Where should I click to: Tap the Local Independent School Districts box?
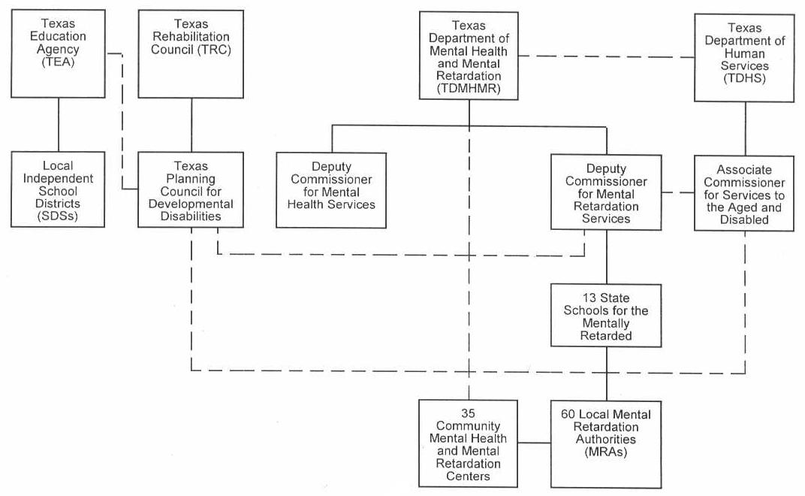click(x=59, y=189)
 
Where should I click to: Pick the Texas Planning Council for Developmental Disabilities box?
click(x=191, y=189)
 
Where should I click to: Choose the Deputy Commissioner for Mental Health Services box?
click(x=331, y=190)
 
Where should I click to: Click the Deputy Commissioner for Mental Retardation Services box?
click(x=606, y=192)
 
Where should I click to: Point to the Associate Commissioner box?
click(x=743, y=194)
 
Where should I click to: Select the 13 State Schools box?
click(x=606, y=316)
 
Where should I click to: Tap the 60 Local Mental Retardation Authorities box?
click(x=606, y=443)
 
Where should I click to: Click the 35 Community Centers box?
click(x=469, y=443)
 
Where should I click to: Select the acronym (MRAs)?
click(x=606, y=452)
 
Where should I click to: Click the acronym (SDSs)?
click(x=59, y=216)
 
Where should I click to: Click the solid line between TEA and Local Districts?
click(x=59, y=124)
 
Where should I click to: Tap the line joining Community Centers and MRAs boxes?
click(x=535, y=443)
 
